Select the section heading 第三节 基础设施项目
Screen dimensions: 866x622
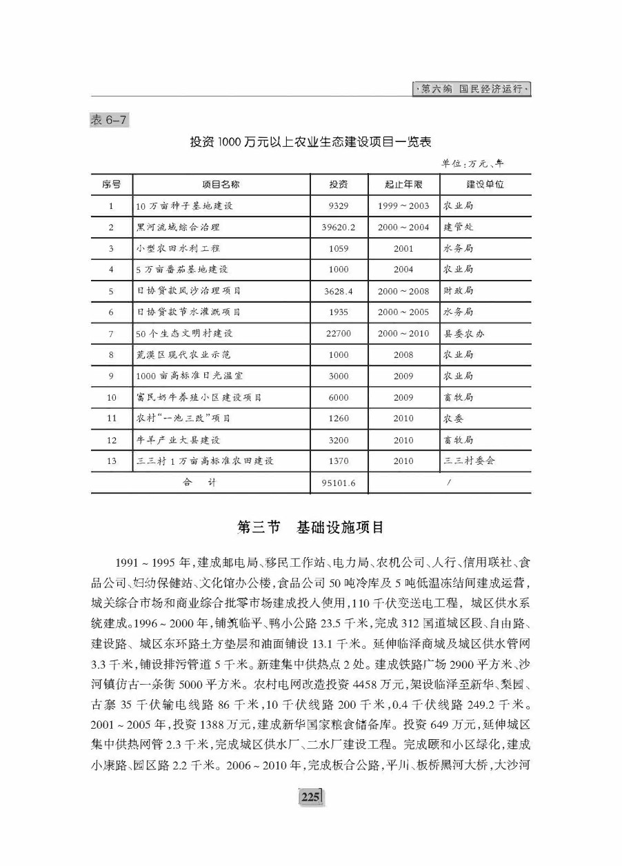point(310,527)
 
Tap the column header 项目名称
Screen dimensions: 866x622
point(221,185)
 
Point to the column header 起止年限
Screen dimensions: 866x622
point(403,185)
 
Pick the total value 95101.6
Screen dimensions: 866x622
point(339,483)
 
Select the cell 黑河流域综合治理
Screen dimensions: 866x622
point(178,227)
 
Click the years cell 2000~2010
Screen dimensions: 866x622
point(403,334)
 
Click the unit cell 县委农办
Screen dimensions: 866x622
point(464,334)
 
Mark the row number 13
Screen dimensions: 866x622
point(111,461)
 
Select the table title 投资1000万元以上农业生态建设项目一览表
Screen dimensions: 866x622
point(310,142)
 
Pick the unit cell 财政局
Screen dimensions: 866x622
point(459,291)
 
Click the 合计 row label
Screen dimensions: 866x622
point(199,483)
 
